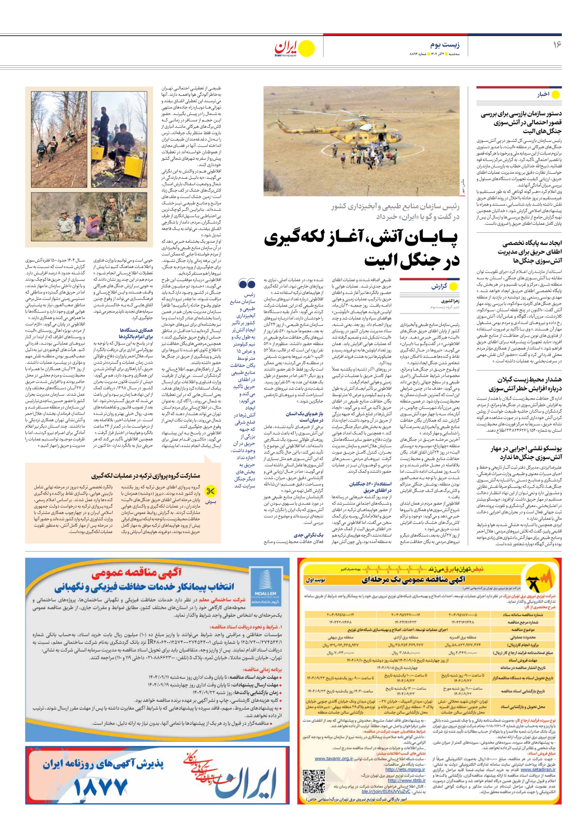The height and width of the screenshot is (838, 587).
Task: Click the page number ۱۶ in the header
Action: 557,45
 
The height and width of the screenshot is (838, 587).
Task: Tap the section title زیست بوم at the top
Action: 445,45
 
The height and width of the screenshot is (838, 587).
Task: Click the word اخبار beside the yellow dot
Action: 543,94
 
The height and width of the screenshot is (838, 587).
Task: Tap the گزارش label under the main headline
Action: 439,286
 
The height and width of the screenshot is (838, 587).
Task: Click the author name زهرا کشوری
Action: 450,301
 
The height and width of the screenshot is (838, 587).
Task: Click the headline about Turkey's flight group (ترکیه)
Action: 146,476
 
